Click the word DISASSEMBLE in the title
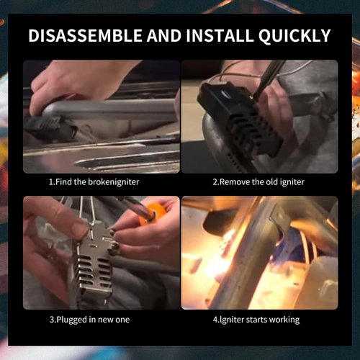[86, 35]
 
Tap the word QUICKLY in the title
[294, 36]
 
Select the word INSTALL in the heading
[220, 35]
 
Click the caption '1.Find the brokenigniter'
[94, 182]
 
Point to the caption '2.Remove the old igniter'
[258, 182]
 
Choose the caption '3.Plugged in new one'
[89, 320]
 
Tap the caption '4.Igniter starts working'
[256, 320]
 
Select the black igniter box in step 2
[240, 117]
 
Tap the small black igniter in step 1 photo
[49, 128]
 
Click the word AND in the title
[164, 35]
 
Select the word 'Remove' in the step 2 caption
[231, 182]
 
